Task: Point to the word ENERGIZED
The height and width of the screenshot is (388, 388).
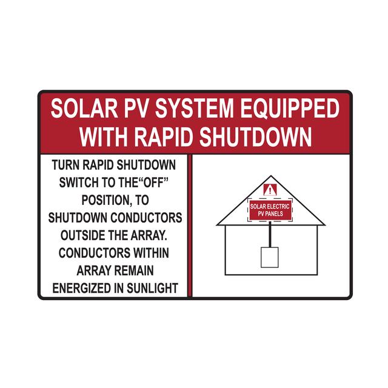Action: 82,287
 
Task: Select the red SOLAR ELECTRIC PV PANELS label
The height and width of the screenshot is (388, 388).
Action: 270,210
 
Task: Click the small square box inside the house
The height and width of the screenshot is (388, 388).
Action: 270,256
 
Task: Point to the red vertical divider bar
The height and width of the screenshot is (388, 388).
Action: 189,225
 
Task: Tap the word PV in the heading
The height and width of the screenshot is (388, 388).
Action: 122,110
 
